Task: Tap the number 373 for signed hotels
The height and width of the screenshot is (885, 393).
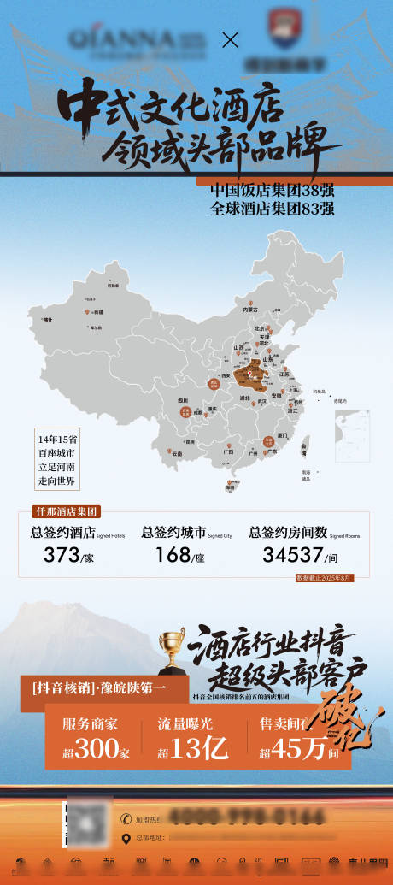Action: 62,555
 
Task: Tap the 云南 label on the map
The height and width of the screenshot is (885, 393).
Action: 177,454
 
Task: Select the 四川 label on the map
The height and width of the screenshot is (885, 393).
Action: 183,400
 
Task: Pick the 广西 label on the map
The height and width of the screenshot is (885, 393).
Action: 228,451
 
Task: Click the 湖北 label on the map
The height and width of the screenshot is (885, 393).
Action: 244,398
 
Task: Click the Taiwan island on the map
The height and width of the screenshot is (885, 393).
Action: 307,445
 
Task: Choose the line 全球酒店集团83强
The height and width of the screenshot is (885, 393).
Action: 272,208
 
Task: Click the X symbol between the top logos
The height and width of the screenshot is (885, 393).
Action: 229,39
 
